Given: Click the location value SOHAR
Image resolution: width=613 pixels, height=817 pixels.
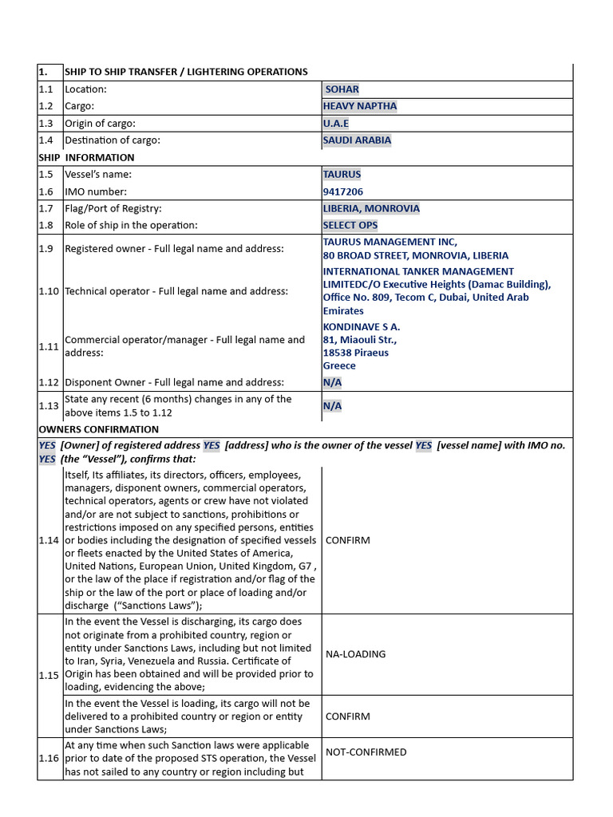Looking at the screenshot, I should pos(342,89).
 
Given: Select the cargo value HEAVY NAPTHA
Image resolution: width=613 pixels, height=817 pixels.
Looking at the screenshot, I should pos(359,106).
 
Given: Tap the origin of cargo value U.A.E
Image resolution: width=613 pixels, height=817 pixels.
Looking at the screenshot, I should pos(336,124).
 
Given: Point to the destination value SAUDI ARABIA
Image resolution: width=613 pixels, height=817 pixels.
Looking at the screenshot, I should pos(357,140).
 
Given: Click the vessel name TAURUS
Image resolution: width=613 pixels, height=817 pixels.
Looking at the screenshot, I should pos(342,174).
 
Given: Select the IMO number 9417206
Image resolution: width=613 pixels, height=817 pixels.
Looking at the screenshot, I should pos(342,191).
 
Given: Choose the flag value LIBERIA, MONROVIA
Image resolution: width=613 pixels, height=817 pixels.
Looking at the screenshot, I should pos(371,208).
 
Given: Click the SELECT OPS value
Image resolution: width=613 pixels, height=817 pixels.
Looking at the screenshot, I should pos(350,226).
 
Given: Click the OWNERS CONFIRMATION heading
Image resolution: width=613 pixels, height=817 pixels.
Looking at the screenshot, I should pos(99,429).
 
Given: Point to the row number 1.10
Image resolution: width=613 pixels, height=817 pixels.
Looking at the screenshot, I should pos(49,291).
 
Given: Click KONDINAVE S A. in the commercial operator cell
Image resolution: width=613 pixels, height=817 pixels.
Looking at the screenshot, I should pos(362,326).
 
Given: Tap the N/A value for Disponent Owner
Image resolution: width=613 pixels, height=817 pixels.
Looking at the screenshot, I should pos(332,382).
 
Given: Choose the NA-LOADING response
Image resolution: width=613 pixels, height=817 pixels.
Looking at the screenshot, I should pos(355,654).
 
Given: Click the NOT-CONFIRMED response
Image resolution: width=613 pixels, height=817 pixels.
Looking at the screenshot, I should pos(366,752).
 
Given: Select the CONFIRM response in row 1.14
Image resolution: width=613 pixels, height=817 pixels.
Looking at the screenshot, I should pos(347,540).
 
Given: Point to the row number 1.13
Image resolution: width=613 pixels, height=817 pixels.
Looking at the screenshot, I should pos(49,406).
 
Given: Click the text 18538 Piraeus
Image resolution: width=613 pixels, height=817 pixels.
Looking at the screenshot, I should pos(356,353).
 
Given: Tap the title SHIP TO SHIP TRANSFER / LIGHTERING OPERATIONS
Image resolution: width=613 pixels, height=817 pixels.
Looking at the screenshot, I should pos(186,72).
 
